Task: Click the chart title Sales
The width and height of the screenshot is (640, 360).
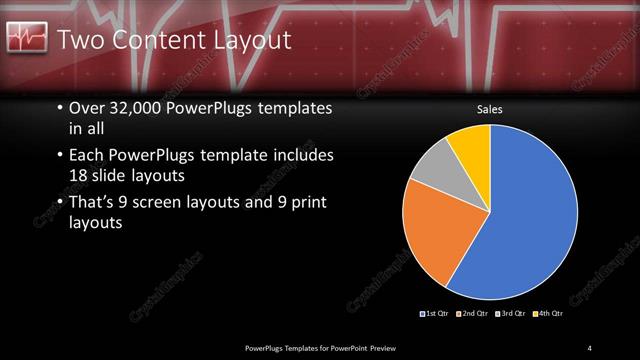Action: coord(489,109)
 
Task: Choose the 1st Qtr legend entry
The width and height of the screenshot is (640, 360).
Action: coord(436,314)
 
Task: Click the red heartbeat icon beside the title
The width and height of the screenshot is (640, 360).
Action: coord(26,39)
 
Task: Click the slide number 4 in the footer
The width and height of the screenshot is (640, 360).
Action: coord(590,347)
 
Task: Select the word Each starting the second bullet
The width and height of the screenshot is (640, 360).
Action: coord(87,156)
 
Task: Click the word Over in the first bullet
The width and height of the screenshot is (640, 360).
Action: coord(88,109)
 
